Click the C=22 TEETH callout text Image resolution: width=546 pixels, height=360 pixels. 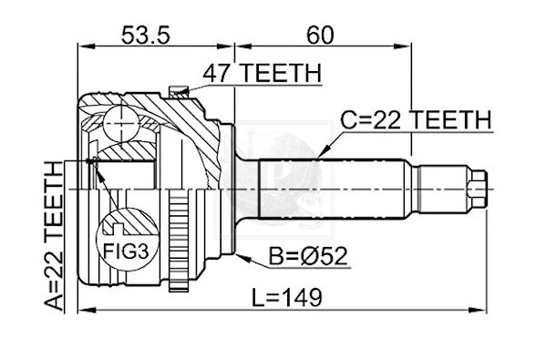(x=416, y=119)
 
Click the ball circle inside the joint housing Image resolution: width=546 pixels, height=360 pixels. (x=118, y=120)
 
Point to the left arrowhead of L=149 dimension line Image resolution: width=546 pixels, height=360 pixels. (x=82, y=310)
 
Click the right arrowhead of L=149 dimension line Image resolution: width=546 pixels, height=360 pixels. (x=488, y=310)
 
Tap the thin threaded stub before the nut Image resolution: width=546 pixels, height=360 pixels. (x=442, y=189)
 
